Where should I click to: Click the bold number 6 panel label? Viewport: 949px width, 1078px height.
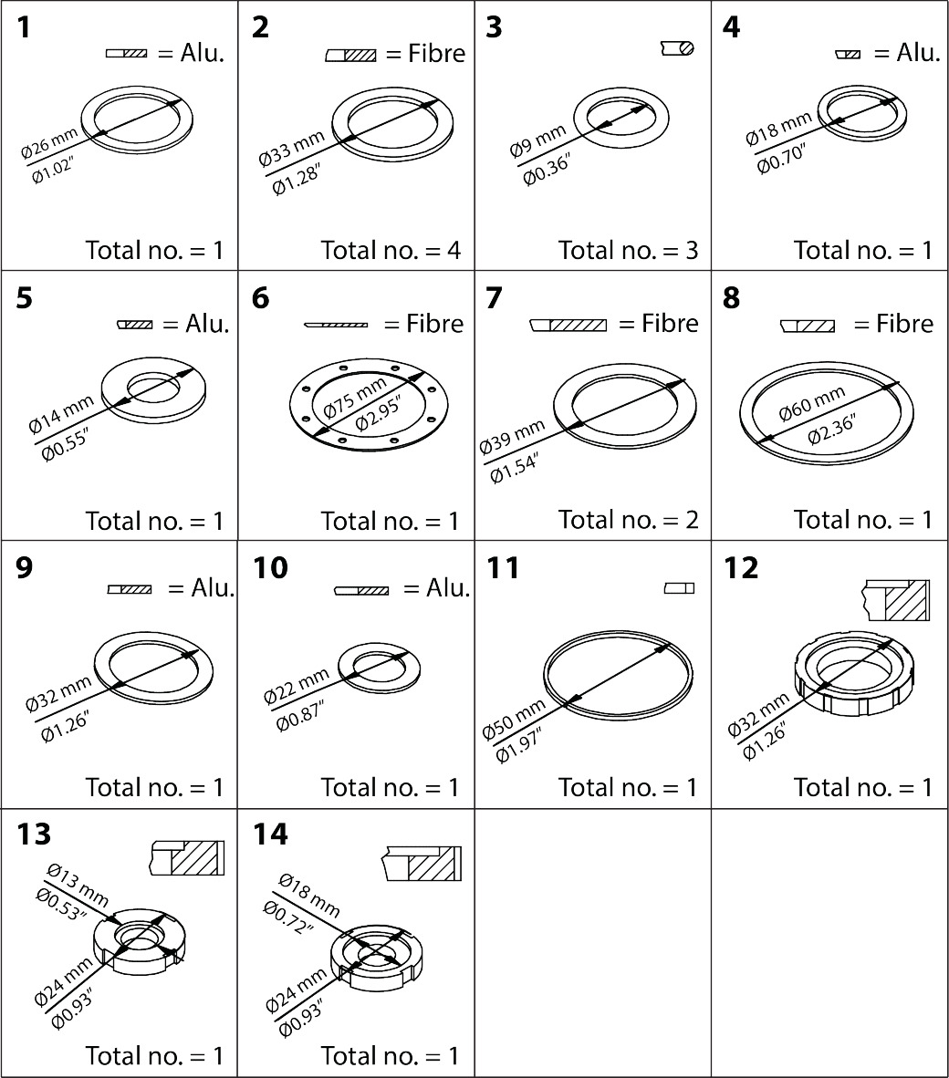(x=261, y=298)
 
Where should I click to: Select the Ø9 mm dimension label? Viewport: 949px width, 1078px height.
(x=538, y=140)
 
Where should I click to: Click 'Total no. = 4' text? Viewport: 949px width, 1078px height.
(x=391, y=250)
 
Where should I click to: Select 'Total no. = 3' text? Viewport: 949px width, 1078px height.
(x=628, y=250)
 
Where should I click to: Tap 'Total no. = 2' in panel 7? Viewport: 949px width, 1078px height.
(x=628, y=520)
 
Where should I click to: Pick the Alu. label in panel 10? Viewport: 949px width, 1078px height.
(x=448, y=588)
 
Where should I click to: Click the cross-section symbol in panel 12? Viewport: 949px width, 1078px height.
(x=895, y=599)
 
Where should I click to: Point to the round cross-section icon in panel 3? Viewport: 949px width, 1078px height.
(x=677, y=48)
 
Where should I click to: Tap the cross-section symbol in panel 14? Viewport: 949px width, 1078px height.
(x=422, y=864)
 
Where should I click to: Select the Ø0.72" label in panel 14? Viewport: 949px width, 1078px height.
(x=288, y=917)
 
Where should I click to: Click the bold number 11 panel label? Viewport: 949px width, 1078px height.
(x=503, y=568)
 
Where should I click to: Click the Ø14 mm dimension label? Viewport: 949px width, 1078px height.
(x=61, y=413)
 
